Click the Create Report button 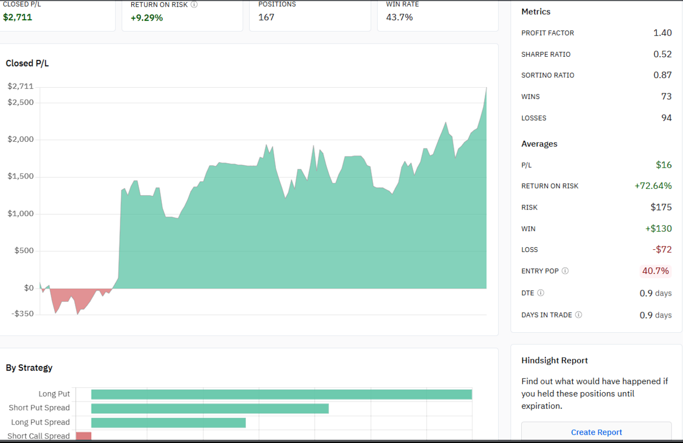[596, 432]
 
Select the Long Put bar [281, 394]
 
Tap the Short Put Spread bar [210, 408]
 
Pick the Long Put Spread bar [168, 422]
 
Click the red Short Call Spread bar [84, 436]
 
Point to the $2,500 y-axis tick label [21, 103]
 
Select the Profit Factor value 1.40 [662, 33]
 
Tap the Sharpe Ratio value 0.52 [662, 54]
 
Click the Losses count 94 [666, 118]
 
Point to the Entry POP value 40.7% [655, 271]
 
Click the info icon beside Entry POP [565, 271]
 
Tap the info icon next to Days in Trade [579, 315]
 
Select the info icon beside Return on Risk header [194, 4]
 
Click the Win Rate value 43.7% [399, 17]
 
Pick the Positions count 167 [266, 17]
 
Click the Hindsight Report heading [554, 361]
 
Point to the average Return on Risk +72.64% [653, 186]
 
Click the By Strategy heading [29, 368]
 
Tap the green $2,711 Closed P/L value [17, 17]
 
